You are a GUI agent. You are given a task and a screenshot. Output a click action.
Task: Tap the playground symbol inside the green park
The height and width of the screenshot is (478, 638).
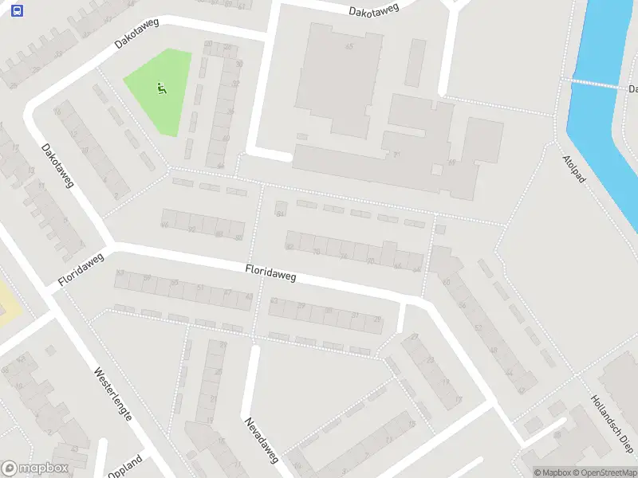point(162,88)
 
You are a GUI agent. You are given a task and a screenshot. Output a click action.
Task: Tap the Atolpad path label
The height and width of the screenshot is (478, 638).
point(574,168)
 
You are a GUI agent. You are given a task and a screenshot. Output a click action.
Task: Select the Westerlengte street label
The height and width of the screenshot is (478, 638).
point(112,394)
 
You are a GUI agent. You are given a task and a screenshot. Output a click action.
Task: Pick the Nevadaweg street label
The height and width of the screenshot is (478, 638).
point(261,440)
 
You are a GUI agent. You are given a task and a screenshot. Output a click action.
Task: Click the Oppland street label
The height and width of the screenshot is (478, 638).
point(124,466)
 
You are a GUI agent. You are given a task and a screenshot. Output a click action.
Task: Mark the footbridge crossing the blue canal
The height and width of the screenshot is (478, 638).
point(594,83)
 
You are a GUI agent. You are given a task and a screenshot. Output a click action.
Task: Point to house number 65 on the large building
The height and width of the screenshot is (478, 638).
point(349,47)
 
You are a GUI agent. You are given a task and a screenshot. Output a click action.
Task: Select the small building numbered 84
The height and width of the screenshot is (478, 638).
point(280,209)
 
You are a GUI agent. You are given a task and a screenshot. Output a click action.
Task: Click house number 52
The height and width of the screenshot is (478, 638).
point(478,327)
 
